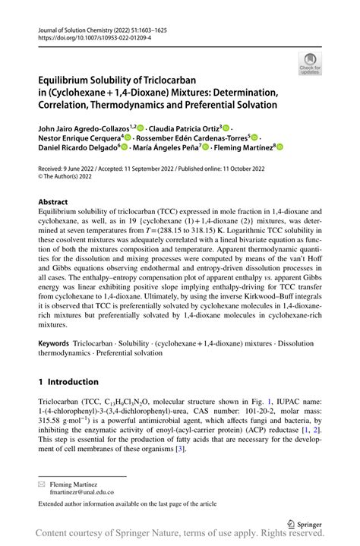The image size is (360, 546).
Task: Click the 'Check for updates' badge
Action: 310,64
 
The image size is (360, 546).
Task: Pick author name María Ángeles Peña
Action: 175,150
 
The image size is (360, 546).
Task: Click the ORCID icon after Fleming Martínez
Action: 279,149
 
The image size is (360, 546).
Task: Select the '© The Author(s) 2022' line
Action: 77,179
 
